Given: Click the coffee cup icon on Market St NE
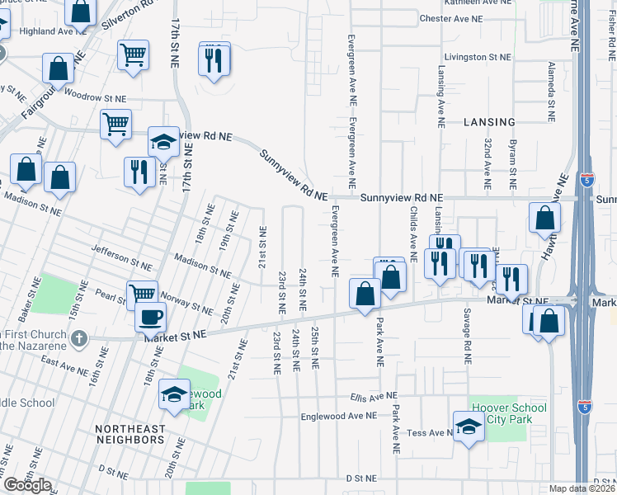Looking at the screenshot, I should click(x=150, y=316).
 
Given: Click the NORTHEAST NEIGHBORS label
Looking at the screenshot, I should click(x=130, y=435).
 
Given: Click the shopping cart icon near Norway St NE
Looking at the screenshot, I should click(x=142, y=293).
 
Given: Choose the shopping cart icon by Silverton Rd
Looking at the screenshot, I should click(x=133, y=54).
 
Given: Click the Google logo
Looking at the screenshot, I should click(x=27, y=485).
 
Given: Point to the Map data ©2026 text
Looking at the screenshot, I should click(x=582, y=488).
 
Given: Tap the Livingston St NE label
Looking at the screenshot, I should click(x=478, y=58).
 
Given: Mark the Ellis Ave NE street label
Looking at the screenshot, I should click(x=373, y=397).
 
